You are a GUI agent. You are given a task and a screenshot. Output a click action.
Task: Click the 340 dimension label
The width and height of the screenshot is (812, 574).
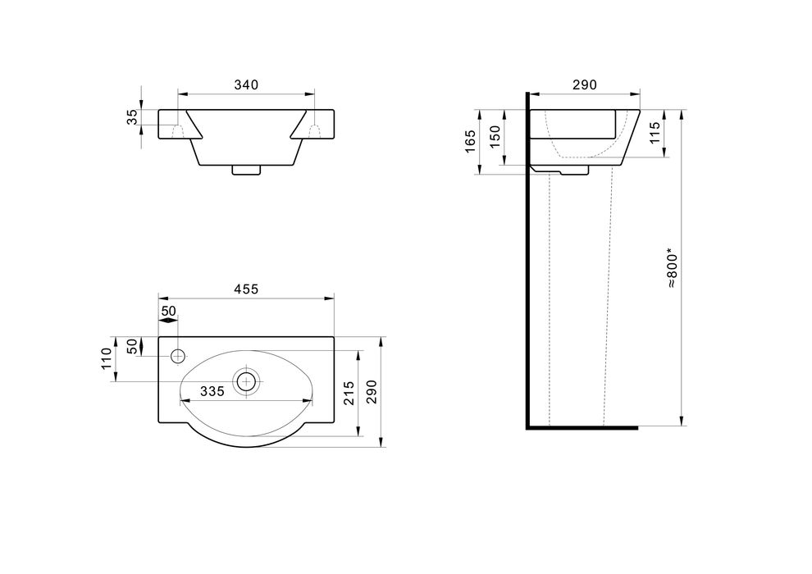tap(246, 85)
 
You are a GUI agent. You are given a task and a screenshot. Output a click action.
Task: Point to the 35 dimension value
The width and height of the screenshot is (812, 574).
tap(133, 117)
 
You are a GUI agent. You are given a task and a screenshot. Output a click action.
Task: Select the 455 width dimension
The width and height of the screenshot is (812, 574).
tap(246, 289)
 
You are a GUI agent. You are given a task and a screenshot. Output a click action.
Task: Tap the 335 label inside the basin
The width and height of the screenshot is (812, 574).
tap(212, 392)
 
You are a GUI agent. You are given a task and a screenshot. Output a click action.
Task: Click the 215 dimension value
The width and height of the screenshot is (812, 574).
tap(349, 393)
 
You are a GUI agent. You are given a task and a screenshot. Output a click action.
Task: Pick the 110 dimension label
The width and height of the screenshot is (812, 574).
tap(107, 358)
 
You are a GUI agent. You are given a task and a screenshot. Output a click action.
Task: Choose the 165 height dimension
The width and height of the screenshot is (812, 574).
tap(470, 141)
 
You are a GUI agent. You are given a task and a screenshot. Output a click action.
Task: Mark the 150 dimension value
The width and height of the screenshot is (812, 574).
tap(495, 137)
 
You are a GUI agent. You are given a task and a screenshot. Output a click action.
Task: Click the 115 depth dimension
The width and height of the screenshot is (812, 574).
tap(655, 133)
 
